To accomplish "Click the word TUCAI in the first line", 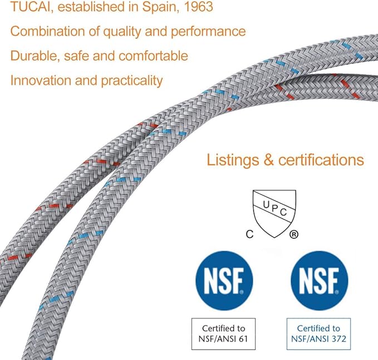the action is [31, 7].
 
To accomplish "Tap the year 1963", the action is [198, 7].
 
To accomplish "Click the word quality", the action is [122, 32].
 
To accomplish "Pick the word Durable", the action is [35, 56].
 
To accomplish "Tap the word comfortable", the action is [153, 56].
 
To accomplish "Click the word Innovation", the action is [41, 81].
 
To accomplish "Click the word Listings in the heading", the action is [232, 160].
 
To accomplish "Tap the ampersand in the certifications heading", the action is [268, 160].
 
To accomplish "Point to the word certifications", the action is [321, 160].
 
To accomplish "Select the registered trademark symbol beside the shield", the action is [293, 234].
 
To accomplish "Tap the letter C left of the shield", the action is [249, 234].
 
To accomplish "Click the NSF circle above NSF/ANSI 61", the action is [224, 281].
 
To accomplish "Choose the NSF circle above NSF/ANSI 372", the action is [320, 281].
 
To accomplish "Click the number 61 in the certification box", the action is [243, 339].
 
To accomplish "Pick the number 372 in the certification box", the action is [338, 339].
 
